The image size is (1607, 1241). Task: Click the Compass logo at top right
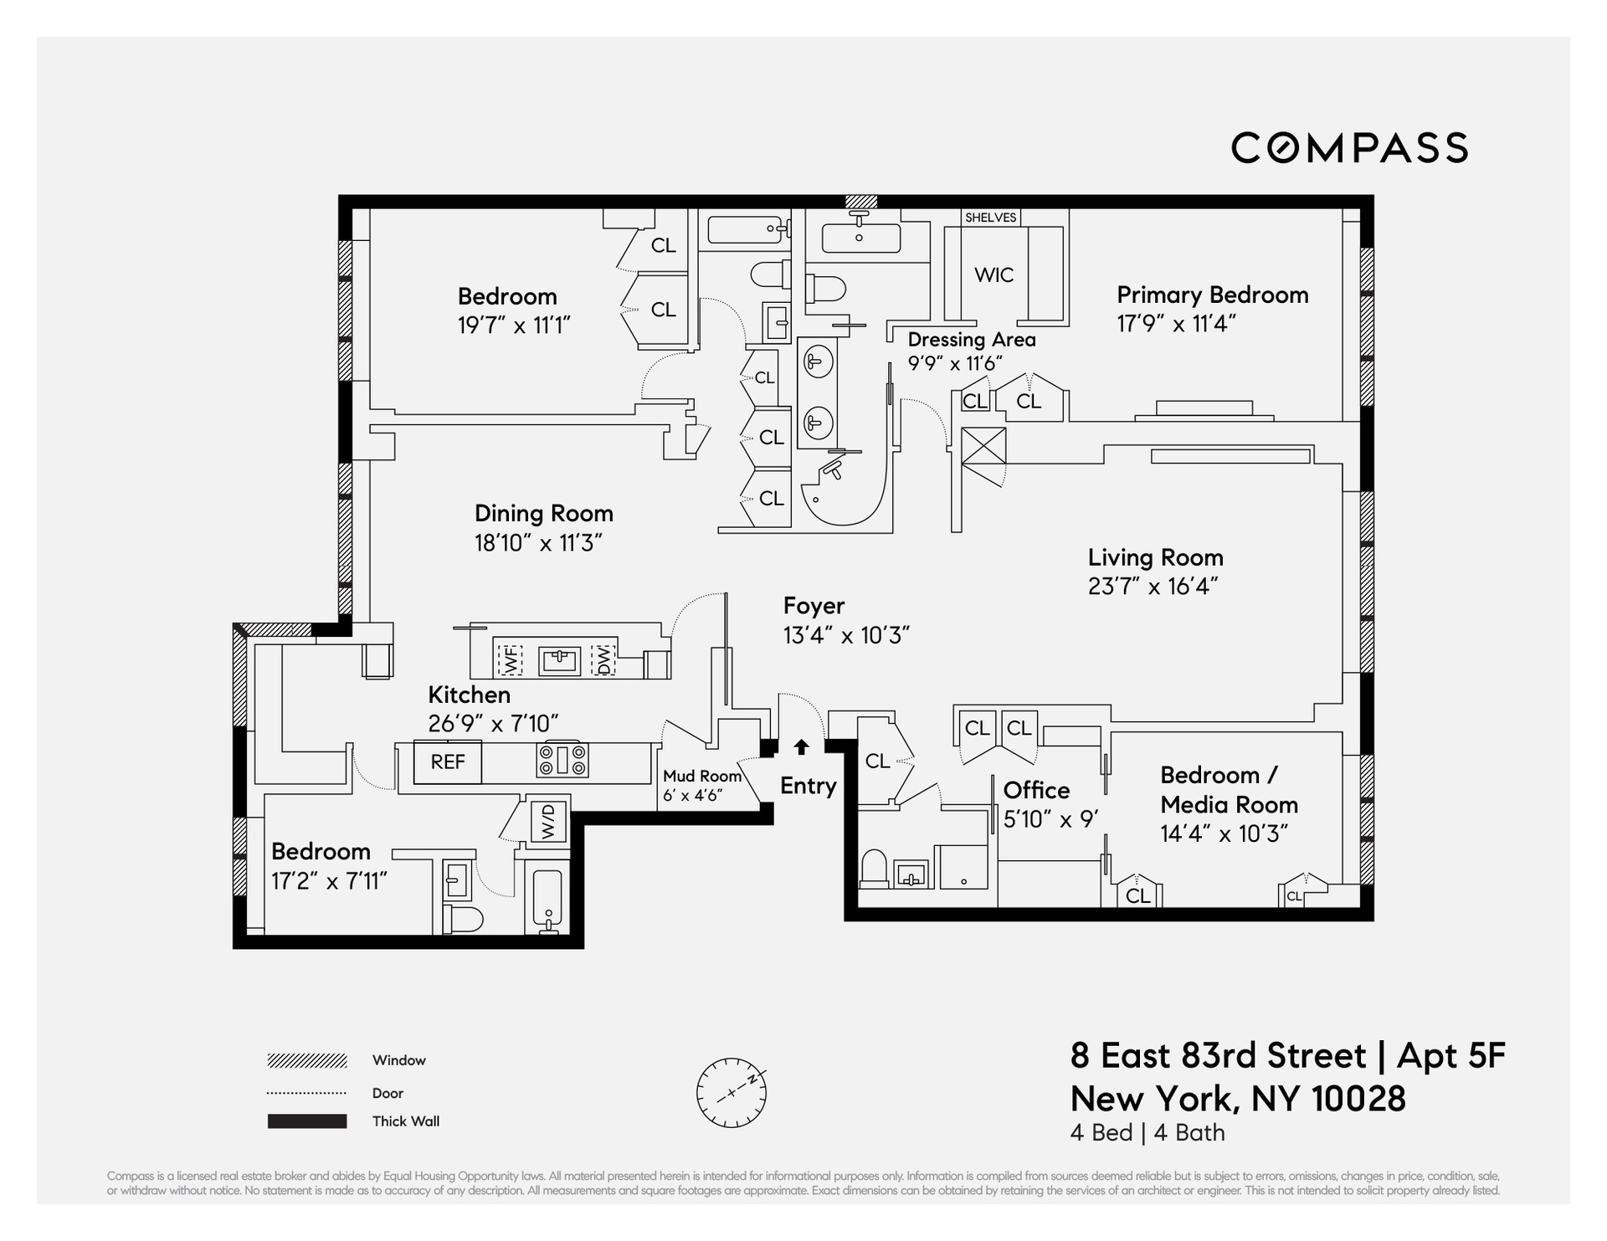[x=1348, y=148]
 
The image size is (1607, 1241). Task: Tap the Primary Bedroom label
[x=1212, y=295]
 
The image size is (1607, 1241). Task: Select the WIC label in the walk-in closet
[x=993, y=274]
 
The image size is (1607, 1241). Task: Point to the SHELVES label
[x=990, y=218]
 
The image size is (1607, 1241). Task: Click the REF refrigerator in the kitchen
[x=448, y=762]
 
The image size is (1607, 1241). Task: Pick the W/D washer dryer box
[x=549, y=821]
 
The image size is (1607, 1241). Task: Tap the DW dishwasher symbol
[x=603, y=660]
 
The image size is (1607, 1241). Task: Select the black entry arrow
[x=801, y=746]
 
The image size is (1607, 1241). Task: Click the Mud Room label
[x=701, y=776]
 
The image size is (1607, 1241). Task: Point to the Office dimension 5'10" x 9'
[x=1050, y=818]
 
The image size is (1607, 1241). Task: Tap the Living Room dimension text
[x=1152, y=586]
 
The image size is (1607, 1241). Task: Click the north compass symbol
[x=731, y=1092]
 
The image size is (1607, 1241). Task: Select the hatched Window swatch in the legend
[x=306, y=1061]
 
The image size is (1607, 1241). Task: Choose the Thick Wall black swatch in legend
[x=306, y=1121]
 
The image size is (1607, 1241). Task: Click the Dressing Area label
[x=971, y=340]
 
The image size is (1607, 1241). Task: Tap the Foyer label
[x=814, y=605]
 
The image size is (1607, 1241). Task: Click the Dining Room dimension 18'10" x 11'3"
[x=538, y=543]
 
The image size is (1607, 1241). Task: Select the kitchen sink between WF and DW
[x=558, y=660]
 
